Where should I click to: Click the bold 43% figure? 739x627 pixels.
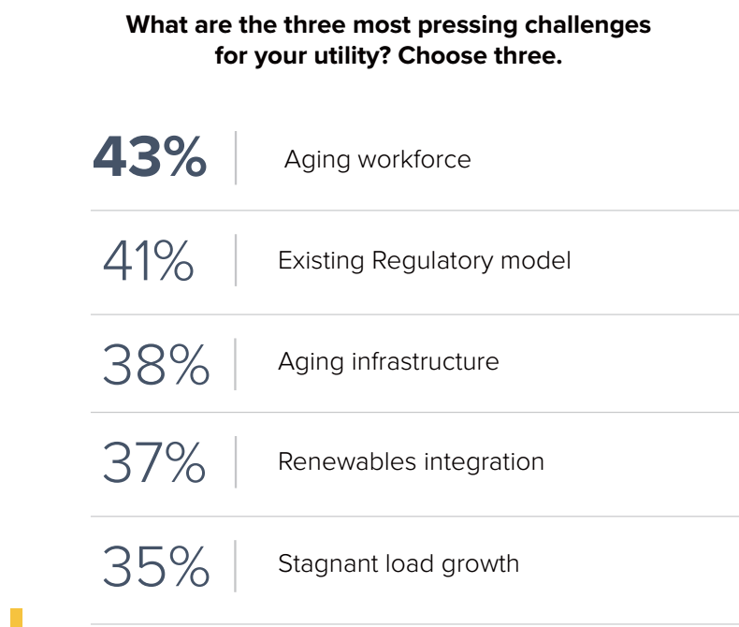(150, 157)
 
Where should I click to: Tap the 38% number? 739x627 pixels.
(155, 363)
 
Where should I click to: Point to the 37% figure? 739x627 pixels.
(153, 462)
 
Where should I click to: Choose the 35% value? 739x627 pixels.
(155, 565)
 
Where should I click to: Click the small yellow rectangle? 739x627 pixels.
(16, 616)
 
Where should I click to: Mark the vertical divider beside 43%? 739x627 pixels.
(236, 157)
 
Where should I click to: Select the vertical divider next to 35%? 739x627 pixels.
(236, 565)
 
